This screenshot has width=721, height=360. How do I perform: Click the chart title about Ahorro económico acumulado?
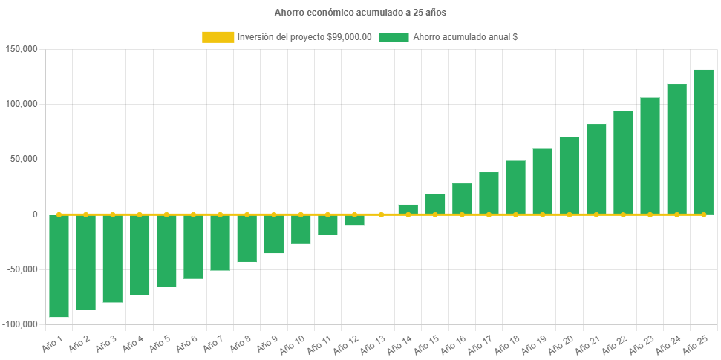click(360, 13)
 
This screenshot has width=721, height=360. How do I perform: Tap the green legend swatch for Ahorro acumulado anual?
click(394, 37)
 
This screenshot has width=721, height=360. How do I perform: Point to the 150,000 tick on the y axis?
click(21, 49)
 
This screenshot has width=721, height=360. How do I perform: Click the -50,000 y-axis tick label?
click(21, 269)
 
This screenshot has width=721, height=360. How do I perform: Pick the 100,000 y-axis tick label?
click(21, 104)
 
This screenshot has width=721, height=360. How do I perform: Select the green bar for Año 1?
click(59, 266)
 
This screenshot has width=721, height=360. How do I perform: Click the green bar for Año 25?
click(703, 141)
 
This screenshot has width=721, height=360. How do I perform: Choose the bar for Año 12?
click(354, 220)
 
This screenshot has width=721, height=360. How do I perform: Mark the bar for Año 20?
click(569, 175)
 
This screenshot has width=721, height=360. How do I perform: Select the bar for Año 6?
click(193, 246)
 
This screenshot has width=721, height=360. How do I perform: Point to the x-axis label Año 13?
click(373, 343)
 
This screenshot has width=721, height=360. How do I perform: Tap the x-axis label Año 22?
click(615, 343)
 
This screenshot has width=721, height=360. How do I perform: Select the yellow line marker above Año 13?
click(381, 215)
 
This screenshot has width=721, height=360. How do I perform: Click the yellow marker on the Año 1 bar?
click(59, 215)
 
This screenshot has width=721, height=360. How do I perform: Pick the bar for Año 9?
click(273, 234)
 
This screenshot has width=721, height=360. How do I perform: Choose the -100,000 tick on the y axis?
click(21, 324)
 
